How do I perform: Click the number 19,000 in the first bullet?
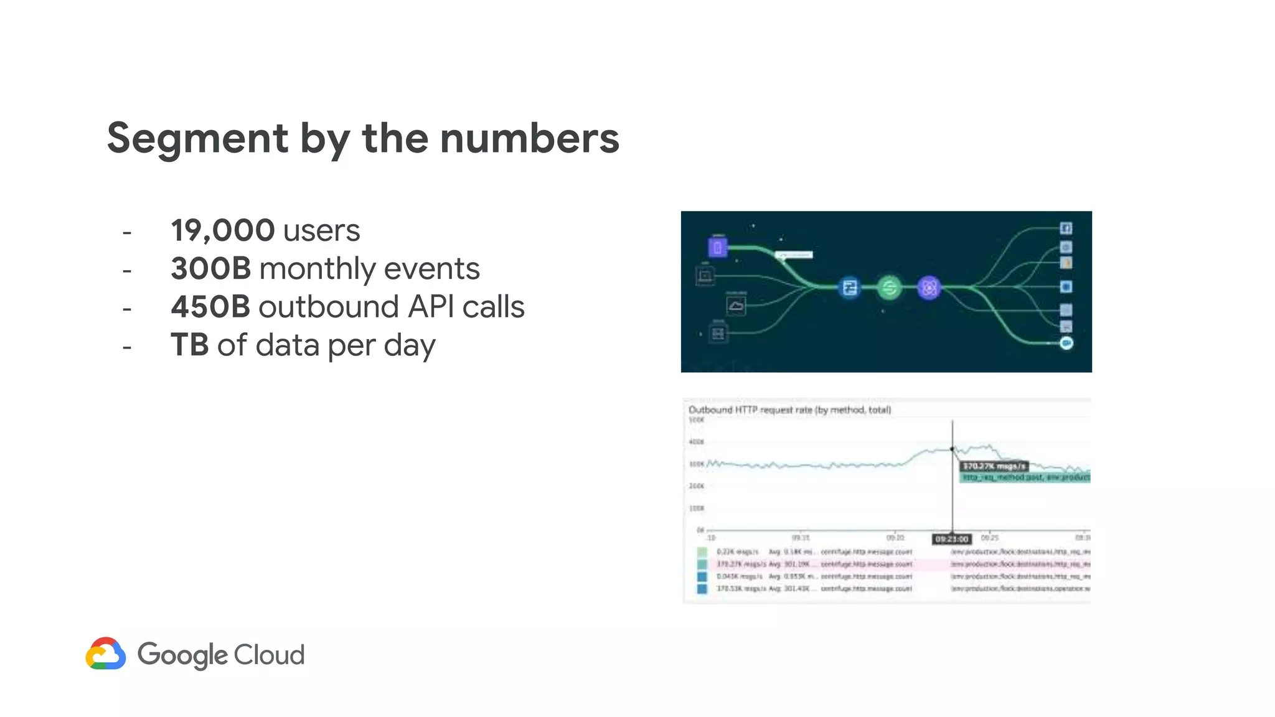pos(222,230)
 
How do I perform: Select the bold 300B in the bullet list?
pos(211,269)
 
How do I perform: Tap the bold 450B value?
pos(210,307)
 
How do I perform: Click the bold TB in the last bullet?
pos(189,345)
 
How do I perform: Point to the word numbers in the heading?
pos(529,138)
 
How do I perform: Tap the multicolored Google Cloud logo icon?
pos(106,654)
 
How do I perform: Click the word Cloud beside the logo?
pos(269,655)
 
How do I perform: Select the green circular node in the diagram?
pos(889,288)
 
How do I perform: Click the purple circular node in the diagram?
pos(929,288)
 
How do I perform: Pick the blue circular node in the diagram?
pos(850,288)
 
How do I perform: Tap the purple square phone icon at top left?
pos(717,247)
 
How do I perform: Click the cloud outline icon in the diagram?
pos(736,306)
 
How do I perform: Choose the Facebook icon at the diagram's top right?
pos(1066,228)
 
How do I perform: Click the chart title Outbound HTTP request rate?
pos(789,410)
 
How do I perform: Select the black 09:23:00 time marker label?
pos(952,539)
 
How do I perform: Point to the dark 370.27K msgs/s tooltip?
pos(994,466)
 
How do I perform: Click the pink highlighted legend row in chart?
pos(896,564)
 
